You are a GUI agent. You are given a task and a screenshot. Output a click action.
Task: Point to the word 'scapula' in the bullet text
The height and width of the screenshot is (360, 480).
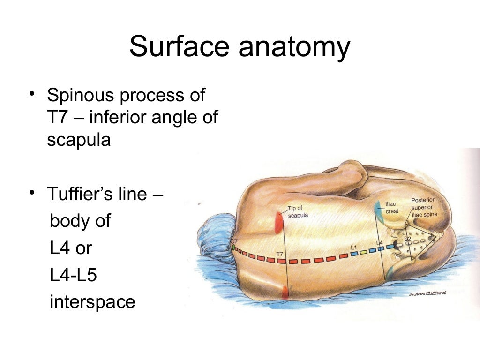[79, 140]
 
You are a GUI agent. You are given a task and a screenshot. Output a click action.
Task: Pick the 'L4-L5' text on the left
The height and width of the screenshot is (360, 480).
[73, 275]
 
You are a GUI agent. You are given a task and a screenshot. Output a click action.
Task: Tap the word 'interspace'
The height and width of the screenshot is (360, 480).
[92, 302]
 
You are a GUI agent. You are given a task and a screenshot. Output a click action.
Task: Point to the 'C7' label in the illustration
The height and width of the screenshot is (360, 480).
[234, 241]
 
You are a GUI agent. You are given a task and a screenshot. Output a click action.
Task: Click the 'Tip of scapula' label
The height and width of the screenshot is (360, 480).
[297, 211]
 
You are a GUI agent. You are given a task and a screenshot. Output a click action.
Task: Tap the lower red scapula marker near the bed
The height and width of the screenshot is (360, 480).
[285, 292]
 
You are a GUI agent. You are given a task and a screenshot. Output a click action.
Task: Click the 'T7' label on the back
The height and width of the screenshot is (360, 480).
[280, 254]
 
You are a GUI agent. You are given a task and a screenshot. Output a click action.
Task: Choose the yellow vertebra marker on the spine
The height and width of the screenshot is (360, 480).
[363, 252]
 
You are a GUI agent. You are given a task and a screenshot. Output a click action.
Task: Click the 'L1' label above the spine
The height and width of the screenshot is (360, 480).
[354, 247]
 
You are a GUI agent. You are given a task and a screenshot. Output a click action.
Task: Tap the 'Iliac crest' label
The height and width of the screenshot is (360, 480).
[391, 208]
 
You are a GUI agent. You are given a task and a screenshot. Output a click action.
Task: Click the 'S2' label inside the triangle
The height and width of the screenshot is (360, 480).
[407, 239]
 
